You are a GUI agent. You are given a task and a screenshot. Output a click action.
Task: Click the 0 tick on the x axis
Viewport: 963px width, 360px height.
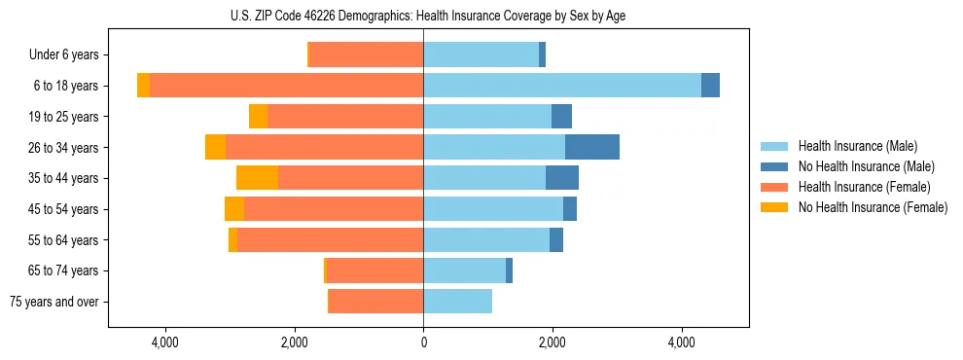pos(423,342)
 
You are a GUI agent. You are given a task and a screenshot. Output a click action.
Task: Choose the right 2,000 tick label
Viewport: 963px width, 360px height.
pos(552,342)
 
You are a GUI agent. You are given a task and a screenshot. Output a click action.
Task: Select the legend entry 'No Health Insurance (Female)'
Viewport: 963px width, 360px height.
pos(873,207)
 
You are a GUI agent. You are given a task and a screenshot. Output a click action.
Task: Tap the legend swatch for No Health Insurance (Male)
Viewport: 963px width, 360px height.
pos(775,166)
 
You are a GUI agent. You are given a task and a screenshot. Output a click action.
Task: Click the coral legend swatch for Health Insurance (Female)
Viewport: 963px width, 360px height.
pos(775,187)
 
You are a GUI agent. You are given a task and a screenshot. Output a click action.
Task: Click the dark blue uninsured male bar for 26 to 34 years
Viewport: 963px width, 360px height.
pos(592,147)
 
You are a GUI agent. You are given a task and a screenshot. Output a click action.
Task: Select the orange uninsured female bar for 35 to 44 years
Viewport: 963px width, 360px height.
pos(257,178)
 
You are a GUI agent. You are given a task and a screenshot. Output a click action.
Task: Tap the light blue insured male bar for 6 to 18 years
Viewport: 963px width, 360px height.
pos(561,86)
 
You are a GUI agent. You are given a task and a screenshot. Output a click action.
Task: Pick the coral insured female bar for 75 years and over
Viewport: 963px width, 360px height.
pos(375,302)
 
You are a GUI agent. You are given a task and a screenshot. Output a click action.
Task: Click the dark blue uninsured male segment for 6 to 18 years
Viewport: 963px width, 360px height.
pos(710,86)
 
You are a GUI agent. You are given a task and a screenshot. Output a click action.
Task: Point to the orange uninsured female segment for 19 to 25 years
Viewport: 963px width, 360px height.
pos(258,117)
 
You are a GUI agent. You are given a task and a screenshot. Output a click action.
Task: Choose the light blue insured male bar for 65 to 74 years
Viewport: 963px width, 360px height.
pos(464,270)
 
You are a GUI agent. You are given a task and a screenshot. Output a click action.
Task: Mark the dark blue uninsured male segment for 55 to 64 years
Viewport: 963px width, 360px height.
pos(556,239)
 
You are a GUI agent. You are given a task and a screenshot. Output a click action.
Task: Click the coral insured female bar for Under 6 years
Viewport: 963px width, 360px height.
pos(366,54)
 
